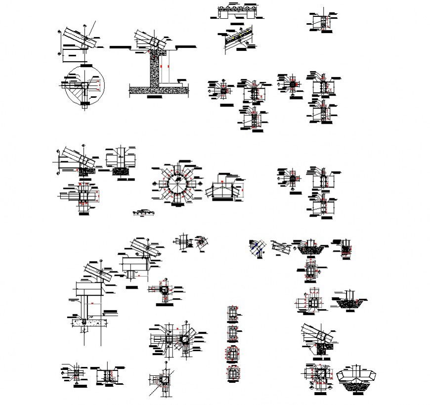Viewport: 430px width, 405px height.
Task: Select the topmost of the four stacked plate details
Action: (x=232, y=313)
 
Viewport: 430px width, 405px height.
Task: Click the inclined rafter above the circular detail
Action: (x=77, y=37)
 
